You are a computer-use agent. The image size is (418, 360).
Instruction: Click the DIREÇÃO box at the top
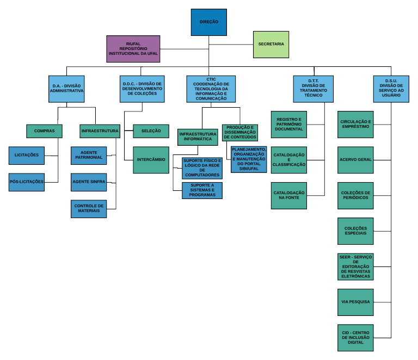pyautogui.click(x=209, y=22)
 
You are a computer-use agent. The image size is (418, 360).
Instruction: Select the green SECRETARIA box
pyautogui.click(x=271, y=44)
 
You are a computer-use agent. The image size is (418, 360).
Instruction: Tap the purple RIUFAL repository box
pyautogui.click(x=133, y=49)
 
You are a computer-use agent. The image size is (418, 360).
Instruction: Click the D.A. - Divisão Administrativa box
pyautogui.click(x=66, y=89)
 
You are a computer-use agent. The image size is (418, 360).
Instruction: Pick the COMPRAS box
pyautogui.click(x=44, y=131)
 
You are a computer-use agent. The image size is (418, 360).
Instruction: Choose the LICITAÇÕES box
pyautogui.click(x=27, y=155)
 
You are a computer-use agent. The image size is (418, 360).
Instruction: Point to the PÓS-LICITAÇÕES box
pyautogui.click(x=27, y=182)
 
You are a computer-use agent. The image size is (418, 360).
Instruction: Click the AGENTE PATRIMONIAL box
pyautogui.click(x=89, y=155)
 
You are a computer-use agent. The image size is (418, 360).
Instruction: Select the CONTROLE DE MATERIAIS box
pyautogui.click(x=89, y=209)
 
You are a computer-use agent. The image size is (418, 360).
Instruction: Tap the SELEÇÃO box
pyautogui.click(x=151, y=131)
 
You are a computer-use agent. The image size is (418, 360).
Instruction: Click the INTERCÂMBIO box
pyautogui.click(x=151, y=160)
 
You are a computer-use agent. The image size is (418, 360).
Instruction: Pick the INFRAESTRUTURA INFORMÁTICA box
pyautogui.click(x=198, y=137)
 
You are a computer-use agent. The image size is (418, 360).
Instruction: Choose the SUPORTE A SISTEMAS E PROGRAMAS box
pyautogui.click(x=202, y=190)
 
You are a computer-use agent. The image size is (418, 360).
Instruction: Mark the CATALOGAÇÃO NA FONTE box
pyautogui.click(x=288, y=196)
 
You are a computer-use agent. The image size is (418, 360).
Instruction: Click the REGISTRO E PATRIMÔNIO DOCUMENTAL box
pyautogui.click(x=288, y=124)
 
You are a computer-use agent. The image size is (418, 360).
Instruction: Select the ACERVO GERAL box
pyautogui.click(x=355, y=160)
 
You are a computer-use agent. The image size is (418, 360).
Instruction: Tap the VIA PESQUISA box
pyautogui.click(x=355, y=301)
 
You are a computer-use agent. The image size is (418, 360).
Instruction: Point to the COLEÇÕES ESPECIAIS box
pyautogui.click(x=355, y=231)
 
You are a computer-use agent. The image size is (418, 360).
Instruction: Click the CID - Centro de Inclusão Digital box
pyautogui.click(x=355, y=337)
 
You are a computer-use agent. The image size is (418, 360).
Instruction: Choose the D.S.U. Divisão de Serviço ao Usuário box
pyautogui.click(x=391, y=89)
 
